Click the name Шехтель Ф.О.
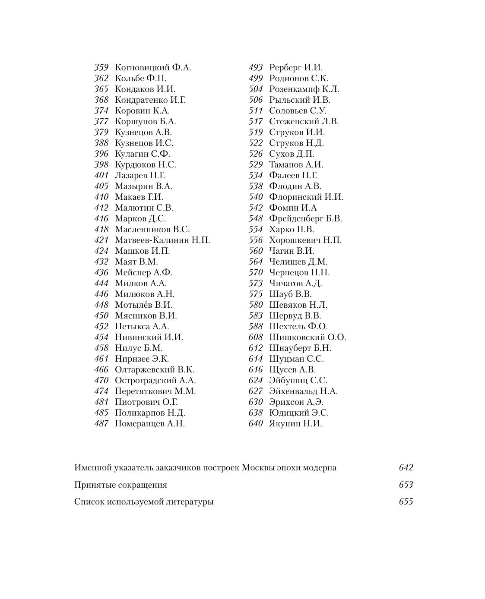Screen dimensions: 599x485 (x=298, y=327)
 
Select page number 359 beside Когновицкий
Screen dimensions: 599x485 (x=101, y=68)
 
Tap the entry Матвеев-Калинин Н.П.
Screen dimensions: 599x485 (x=162, y=240)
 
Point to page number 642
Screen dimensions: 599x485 (x=406, y=468)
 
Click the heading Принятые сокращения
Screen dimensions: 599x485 (x=120, y=485)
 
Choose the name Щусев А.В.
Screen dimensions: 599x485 (x=292, y=370)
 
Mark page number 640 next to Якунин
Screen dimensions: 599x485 (x=256, y=424)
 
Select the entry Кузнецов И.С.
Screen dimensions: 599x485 (x=144, y=143)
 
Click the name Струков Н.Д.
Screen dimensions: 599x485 (x=296, y=143)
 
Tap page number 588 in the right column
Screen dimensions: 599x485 (x=256, y=327)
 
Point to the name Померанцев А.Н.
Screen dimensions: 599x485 (x=150, y=424)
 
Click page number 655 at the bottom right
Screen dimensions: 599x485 (x=406, y=502)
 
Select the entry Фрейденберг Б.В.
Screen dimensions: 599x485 (x=305, y=219)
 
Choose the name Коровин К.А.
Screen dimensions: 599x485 (x=142, y=111)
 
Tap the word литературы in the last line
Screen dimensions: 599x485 (x=190, y=502)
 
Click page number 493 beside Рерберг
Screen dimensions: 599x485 (x=256, y=68)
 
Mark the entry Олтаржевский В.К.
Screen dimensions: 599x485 (x=155, y=370)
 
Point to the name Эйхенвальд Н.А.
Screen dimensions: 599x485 (x=303, y=391)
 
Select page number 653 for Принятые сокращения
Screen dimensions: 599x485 (x=406, y=485)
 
